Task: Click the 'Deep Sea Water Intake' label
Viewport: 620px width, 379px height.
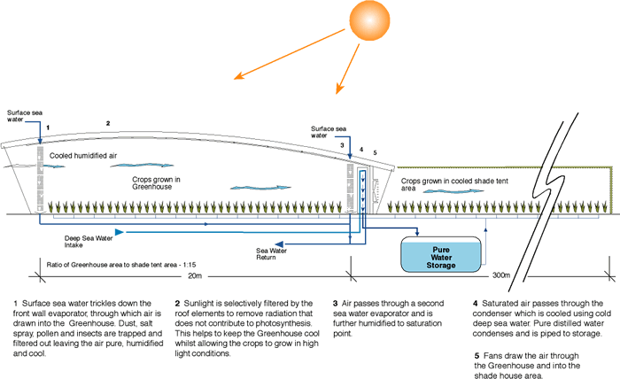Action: point(63,242)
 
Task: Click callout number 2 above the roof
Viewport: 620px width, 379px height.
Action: point(108,122)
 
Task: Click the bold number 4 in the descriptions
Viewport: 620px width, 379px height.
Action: point(476,304)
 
